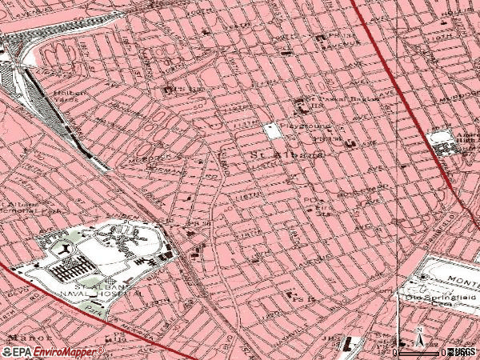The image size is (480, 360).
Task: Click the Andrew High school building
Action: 444,144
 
